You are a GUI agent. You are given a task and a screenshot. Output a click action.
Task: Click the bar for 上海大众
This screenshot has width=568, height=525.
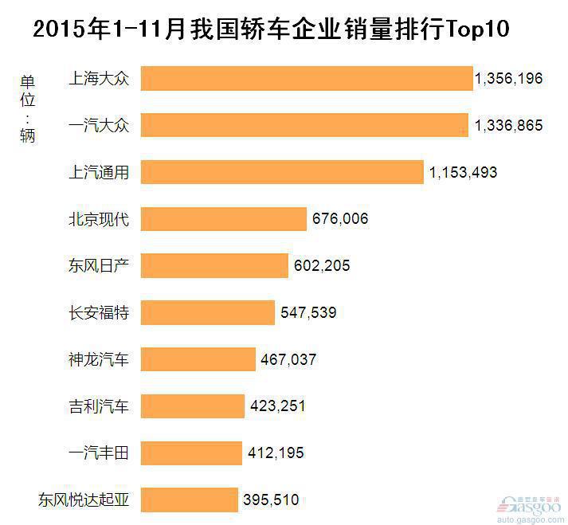(x=307, y=78)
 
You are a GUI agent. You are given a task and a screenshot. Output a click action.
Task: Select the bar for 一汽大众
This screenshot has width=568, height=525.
(x=304, y=125)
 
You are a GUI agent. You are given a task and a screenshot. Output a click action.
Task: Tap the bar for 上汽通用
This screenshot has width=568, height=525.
(x=282, y=172)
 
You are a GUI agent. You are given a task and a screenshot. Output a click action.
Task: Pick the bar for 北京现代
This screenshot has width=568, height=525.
(x=224, y=218)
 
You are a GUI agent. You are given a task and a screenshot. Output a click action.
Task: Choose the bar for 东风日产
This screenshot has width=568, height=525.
(x=214, y=265)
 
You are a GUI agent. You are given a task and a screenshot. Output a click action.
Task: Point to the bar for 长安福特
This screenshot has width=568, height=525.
(x=208, y=312)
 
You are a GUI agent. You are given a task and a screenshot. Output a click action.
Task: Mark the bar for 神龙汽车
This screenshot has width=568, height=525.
(x=198, y=359)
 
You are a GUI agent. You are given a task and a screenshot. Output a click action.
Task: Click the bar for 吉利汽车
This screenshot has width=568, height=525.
(x=193, y=406)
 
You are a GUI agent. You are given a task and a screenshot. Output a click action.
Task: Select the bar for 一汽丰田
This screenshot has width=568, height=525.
(x=191, y=453)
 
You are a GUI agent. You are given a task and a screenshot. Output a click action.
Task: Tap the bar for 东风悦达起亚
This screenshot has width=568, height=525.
(x=190, y=500)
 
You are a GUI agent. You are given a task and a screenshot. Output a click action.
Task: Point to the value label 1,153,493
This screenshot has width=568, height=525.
(x=463, y=172)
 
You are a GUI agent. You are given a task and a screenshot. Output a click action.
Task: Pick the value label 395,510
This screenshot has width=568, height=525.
(x=271, y=500)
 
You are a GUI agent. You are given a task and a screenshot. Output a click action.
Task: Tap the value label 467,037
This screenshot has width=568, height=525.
(x=288, y=359)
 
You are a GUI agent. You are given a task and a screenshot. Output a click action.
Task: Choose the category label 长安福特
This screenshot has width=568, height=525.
(x=99, y=312)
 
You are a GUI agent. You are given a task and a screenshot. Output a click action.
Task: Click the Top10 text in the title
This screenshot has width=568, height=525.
(x=472, y=31)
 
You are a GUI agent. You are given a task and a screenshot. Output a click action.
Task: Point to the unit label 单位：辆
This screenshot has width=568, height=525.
(x=28, y=108)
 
